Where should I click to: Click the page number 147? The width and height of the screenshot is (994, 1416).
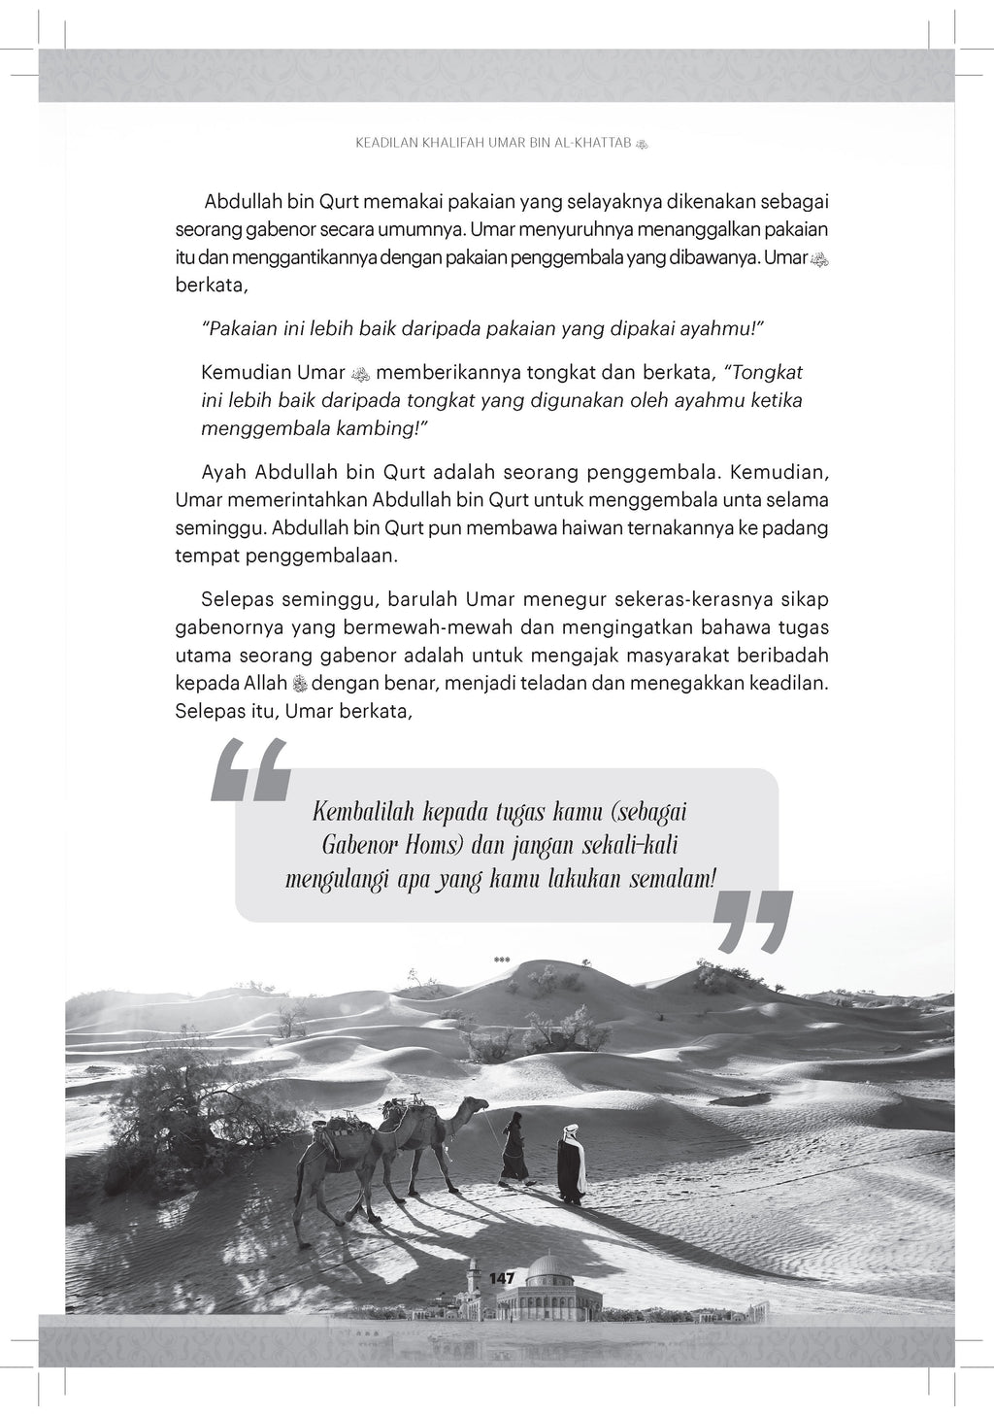tap(502, 1278)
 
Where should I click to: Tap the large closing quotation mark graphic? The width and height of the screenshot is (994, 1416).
tap(752, 920)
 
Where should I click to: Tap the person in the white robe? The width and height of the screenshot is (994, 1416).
tap(573, 1164)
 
